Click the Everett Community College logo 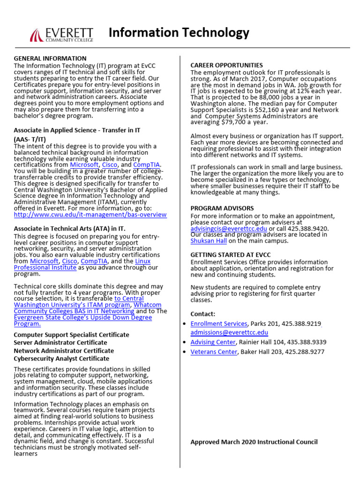point(61,34)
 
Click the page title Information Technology point(179,33)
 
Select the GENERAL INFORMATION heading point(50,58)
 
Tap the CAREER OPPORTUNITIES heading point(226,65)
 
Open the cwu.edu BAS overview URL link point(90,215)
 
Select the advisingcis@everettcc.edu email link point(228,228)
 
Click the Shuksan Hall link point(209,241)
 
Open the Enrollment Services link point(218,323)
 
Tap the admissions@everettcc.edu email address point(229,332)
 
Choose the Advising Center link point(213,342)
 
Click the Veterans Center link point(214,352)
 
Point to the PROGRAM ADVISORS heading point(222,208)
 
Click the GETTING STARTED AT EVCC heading point(230,255)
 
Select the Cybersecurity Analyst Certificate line point(61,359)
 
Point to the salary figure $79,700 point(236,122)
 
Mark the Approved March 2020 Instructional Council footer point(254,442)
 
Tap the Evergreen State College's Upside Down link point(83,321)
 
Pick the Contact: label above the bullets point(203,314)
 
